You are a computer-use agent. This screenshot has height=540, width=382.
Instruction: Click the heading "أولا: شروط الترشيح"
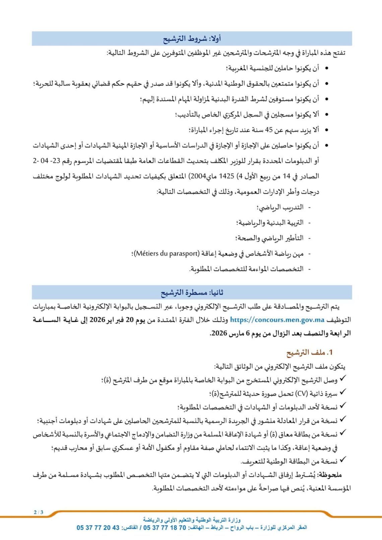coord(192,39)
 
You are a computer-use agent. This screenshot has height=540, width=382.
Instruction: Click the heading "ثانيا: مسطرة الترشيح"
coord(192,292)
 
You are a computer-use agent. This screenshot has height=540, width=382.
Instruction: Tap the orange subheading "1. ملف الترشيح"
coord(309,352)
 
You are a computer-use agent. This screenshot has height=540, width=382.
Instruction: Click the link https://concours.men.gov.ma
coord(277,320)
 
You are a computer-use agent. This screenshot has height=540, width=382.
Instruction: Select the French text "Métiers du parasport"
coord(167,254)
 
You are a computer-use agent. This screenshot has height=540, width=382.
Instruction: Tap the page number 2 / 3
coord(39,512)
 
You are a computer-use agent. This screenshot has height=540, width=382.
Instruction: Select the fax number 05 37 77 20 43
coord(98,528)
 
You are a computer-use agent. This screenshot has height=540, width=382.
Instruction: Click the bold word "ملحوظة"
coord(330,475)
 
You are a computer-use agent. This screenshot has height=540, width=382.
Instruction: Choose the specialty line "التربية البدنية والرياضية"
coord(270,223)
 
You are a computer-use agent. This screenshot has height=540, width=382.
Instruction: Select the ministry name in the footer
coord(192,520)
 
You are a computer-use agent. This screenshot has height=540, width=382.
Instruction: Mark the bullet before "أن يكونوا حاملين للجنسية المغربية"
coord(327,68)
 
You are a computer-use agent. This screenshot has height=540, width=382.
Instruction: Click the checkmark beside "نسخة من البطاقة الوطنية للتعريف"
coord(343,460)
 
